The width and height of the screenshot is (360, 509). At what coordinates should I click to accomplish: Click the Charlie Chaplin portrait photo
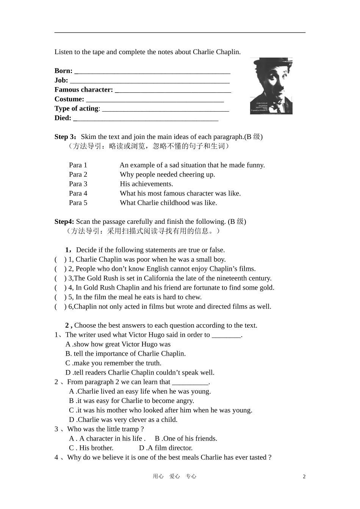(271, 86)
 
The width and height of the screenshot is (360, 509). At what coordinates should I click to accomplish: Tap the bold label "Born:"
(63, 71)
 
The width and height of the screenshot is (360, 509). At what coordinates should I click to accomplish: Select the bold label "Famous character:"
(84, 90)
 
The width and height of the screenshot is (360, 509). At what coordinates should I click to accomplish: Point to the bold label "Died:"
(63, 118)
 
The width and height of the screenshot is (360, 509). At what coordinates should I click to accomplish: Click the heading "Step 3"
(65, 137)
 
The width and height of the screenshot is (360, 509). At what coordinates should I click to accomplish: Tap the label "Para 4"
(78, 193)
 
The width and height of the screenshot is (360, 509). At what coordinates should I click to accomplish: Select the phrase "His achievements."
(146, 184)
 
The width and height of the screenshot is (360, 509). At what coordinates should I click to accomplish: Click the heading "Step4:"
(64, 222)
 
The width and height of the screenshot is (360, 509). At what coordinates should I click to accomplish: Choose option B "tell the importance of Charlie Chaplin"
(126, 354)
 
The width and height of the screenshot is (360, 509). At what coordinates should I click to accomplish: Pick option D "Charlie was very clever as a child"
(123, 420)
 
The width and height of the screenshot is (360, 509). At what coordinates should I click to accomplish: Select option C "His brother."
(91, 448)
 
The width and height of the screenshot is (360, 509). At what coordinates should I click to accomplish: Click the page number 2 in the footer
(304, 476)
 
